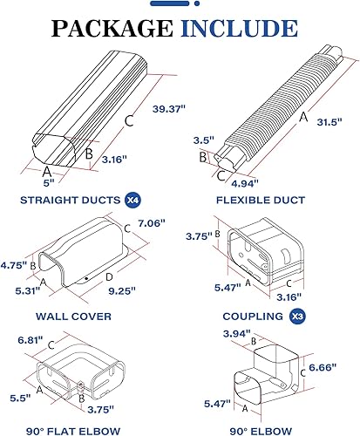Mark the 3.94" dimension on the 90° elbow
pyautogui.click(x=237, y=334)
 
